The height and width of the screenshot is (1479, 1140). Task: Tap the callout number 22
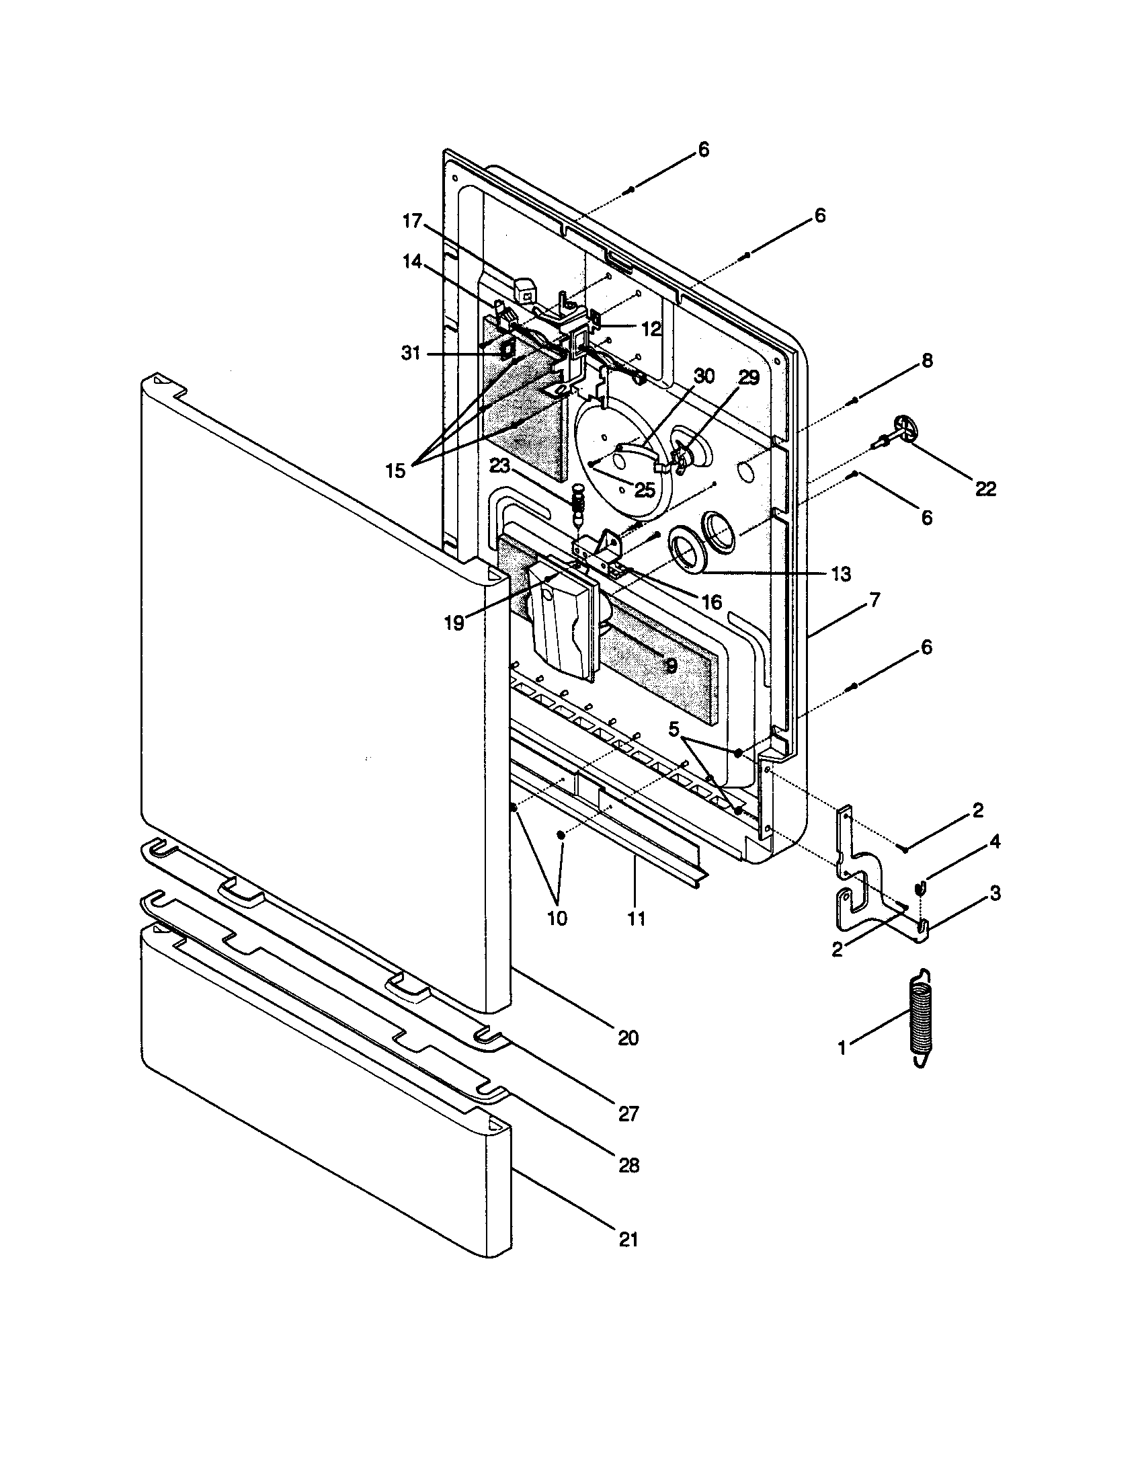[985, 489]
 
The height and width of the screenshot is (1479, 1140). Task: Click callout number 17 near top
[412, 221]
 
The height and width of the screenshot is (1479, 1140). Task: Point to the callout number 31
[411, 353]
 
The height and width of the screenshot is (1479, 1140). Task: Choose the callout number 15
[395, 471]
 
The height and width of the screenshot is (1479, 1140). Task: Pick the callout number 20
[628, 1037]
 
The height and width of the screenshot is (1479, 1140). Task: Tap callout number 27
[628, 1114]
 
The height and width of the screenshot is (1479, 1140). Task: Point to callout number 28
[628, 1166]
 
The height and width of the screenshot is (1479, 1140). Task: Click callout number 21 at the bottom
[628, 1239]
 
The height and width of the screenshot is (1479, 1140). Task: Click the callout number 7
[874, 599]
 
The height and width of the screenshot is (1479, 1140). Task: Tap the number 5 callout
[674, 729]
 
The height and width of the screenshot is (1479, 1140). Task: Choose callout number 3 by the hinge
[994, 893]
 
